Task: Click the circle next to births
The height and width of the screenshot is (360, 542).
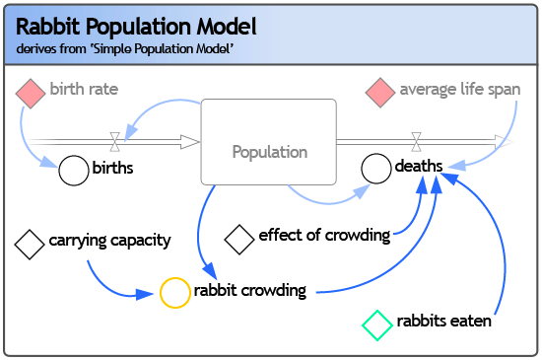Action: click(73, 170)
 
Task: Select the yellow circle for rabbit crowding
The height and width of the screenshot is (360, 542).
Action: click(174, 292)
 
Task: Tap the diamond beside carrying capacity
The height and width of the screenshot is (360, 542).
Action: click(30, 242)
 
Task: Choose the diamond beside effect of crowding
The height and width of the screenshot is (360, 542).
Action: click(239, 238)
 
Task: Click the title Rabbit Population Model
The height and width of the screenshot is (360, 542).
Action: click(136, 26)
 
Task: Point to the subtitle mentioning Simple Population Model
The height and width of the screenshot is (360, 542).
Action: click(124, 49)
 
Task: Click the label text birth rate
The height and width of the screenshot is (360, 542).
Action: click(84, 90)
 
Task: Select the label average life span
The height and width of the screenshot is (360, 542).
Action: click(459, 90)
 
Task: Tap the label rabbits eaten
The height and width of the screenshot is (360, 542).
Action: click(443, 322)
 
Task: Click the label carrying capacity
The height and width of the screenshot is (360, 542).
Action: click(109, 240)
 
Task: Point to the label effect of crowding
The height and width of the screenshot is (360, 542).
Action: click(324, 236)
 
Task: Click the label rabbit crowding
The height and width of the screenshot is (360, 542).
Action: click(250, 291)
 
